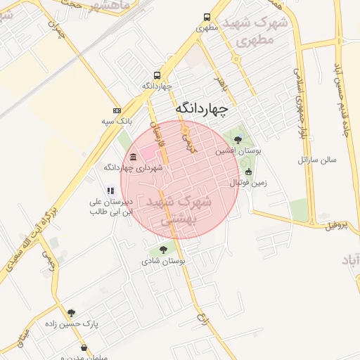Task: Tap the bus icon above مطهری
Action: coord(206,18)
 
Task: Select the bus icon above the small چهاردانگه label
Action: coord(156,75)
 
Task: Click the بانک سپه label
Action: coord(116,122)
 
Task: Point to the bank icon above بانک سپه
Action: coord(116,110)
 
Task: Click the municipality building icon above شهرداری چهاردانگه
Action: coord(134,156)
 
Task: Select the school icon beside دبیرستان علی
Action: coord(110,190)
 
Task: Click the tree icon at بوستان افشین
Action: coord(238,139)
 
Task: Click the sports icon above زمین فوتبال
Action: coord(248,172)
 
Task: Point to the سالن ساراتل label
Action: coord(317,160)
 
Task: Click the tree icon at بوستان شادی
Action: coord(163,250)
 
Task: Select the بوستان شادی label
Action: coord(163,261)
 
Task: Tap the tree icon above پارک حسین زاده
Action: coord(71,313)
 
